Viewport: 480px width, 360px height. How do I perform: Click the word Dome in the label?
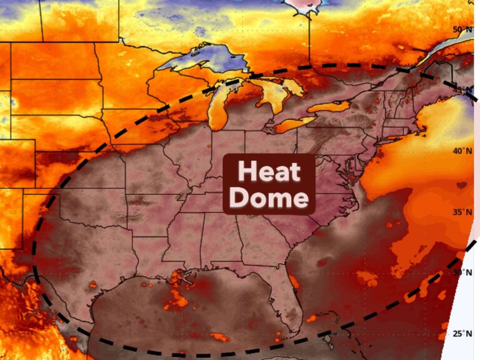click(269, 198)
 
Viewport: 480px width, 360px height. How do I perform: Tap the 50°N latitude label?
click(462, 29)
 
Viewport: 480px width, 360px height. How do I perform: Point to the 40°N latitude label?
click(462, 151)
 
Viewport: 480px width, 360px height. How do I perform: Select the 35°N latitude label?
click(462, 212)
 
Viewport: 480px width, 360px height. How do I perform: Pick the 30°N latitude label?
click(462, 273)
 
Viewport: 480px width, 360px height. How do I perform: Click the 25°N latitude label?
click(462, 334)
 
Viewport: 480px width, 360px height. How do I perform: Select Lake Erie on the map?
click(294, 124)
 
